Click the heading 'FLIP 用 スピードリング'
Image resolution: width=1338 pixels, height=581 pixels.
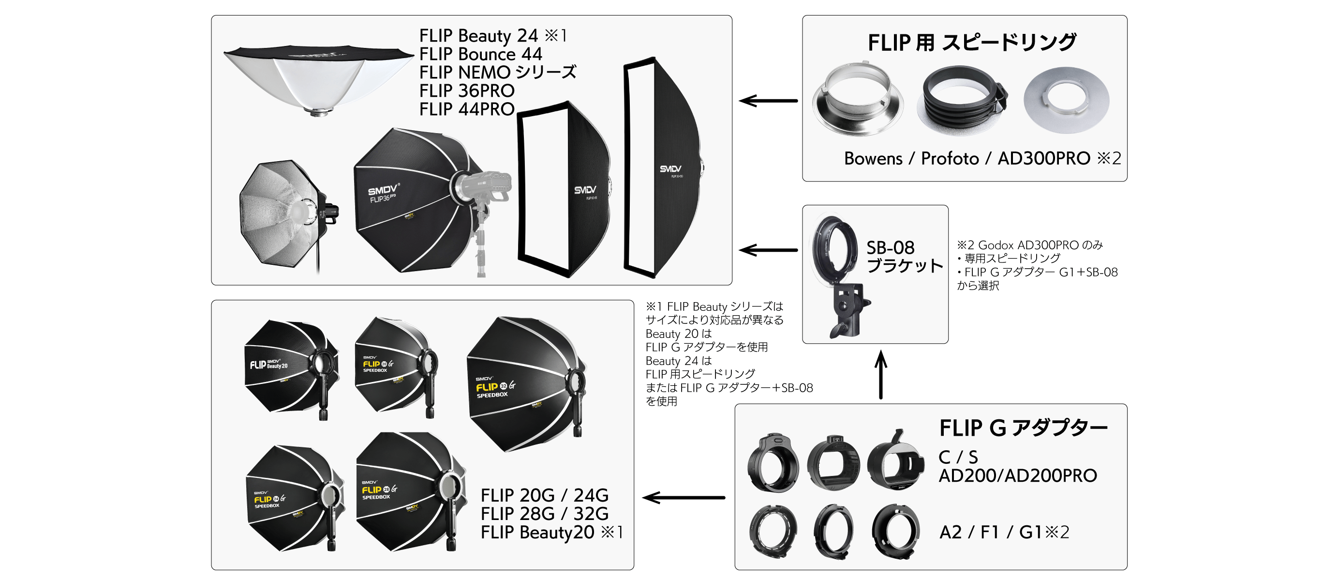coord(972,43)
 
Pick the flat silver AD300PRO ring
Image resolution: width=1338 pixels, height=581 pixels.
coord(1066,100)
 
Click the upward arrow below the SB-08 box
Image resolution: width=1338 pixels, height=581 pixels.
coord(881,374)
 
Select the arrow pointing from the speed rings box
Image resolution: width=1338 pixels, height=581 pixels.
coord(768,101)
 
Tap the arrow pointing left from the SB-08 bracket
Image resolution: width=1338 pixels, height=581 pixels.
coord(768,250)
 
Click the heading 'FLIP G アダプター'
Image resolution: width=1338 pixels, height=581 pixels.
coord(1023,428)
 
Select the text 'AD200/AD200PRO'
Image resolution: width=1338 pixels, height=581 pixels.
coord(1017,475)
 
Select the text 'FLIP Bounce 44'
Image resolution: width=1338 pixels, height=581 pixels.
coord(480,54)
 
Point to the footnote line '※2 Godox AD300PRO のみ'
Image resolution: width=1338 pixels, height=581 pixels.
coord(1030,245)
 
